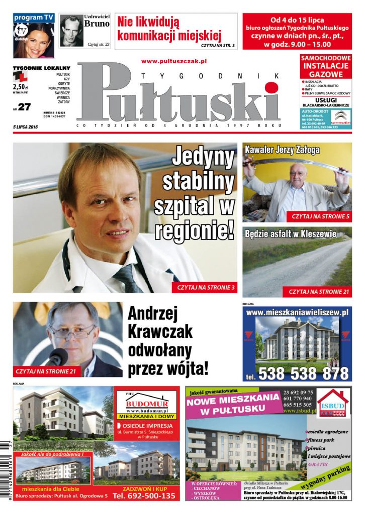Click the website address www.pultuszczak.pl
[174, 61]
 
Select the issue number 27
[25, 106]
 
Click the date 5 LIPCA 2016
[26, 126]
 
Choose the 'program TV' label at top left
[34, 18]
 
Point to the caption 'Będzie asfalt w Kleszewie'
[290, 233]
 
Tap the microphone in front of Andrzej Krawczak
[57, 357]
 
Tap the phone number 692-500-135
[144, 496]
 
